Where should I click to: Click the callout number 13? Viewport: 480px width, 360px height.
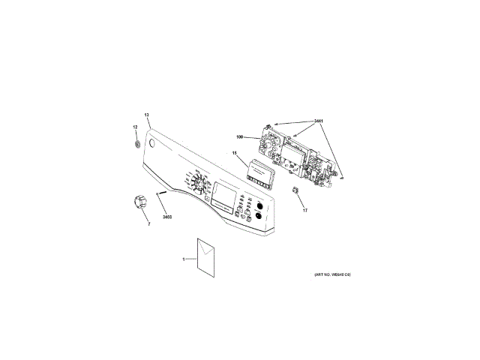pyautogui.click(x=147, y=115)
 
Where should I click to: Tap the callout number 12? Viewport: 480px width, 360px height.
pyautogui.click(x=136, y=127)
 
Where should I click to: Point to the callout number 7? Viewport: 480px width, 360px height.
pyautogui.click(x=148, y=224)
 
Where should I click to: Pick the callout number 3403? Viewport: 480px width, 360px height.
pyautogui.click(x=167, y=217)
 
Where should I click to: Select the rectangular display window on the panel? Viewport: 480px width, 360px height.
pyautogui.click(x=224, y=195)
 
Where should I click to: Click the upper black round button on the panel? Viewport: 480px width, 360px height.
pyautogui.click(x=259, y=205)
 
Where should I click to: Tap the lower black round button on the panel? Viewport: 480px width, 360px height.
pyautogui.click(x=258, y=217)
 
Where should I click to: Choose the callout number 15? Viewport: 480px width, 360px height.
pyautogui.click(x=235, y=154)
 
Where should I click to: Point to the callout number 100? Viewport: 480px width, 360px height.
pyautogui.click(x=240, y=136)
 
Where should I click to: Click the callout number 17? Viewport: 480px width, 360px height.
pyautogui.click(x=305, y=211)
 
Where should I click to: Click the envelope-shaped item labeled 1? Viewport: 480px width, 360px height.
pyautogui.click(x=205, y=256)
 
